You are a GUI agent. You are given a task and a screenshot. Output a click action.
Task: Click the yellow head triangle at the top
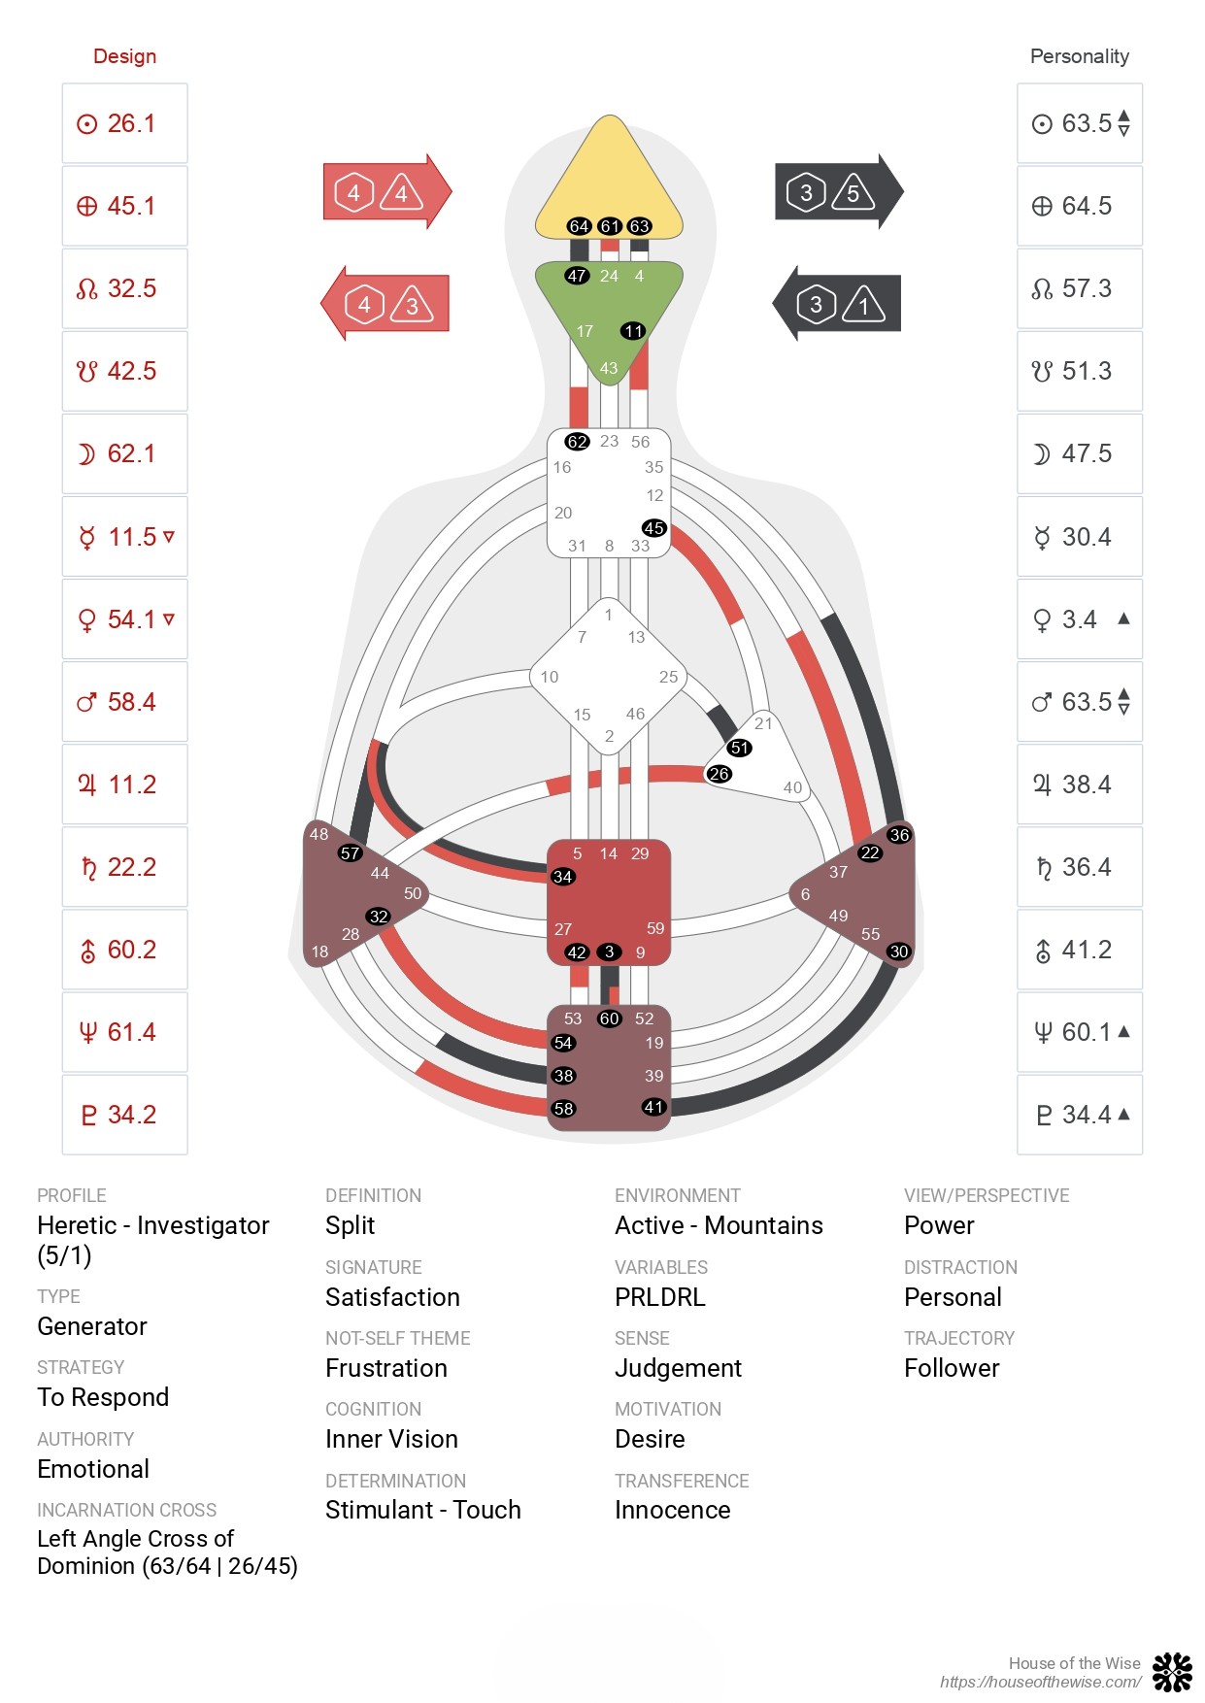[609, 180]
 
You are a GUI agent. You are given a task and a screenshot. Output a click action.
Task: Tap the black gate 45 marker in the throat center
[654, 528]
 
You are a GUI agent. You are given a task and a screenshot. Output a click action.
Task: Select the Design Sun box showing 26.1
[124, 123]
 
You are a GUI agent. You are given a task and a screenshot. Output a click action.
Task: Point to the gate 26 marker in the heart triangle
[720, 774]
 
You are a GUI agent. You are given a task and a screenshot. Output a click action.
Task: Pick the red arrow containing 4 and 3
[386, 304]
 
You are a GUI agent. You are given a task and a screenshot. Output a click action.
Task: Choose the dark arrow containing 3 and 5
[837, 192]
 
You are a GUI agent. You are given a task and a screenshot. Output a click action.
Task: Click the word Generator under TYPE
[92, 1326]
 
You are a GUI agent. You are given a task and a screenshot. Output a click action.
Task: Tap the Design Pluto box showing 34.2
[124, 1115]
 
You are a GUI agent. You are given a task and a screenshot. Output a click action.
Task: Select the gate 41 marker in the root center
[653, 1107]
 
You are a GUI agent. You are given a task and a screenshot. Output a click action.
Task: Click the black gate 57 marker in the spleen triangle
[350, 852]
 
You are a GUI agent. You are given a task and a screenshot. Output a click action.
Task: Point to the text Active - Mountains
[719, 1225]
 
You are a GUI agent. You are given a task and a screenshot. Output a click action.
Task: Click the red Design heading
[124, 56]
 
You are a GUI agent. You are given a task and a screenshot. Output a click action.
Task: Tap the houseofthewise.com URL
[1040, 1682]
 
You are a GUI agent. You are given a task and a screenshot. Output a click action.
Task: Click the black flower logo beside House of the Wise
[1172, 1672]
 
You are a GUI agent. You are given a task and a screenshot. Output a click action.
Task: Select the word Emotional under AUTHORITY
[93, 1469]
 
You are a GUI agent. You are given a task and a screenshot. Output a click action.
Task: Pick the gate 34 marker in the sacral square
[562, 877]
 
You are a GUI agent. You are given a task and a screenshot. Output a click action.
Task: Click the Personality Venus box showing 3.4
[1079, 619]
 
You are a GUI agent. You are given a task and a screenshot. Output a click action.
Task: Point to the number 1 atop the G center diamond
[609, 615]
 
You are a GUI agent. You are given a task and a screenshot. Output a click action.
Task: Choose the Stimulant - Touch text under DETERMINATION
[423, 1510]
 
